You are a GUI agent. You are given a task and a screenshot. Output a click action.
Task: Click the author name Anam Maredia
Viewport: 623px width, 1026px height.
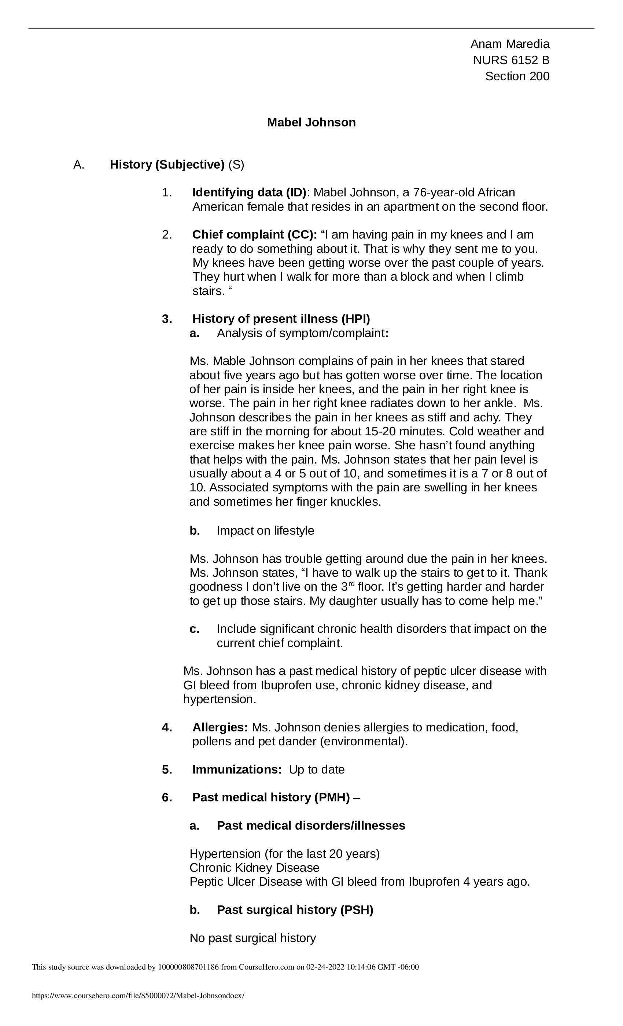pyautogui.click(x=509, y=44)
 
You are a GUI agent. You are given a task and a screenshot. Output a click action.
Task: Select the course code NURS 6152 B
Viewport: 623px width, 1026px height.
pyautogui.click(x=511, y=60)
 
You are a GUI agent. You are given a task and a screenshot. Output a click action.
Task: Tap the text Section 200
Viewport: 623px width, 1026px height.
pyautogui.click(x=517, y=77)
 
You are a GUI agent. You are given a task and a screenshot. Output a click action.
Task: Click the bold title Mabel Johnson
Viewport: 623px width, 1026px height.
pyautogui.click(x=311, y=122)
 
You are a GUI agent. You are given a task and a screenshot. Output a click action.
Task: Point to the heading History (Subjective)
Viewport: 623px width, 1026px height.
pyautogui.click(x=167, y=165)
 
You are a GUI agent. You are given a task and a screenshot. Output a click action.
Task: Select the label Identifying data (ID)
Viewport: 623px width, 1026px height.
pyautogui.click(x=249, y=193)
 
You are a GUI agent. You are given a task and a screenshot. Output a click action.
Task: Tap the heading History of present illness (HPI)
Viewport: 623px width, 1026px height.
pyautogui.click(x=281, y=319)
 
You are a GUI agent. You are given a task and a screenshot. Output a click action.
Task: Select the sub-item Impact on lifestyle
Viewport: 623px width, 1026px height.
pyautogui.click(x=265, y=531)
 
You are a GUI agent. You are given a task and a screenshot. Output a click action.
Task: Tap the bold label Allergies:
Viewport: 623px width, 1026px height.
pyautogui.click(x=220, y=727)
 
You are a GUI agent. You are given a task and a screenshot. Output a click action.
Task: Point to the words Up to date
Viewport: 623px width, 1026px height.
pyautogui.click(x=317, y=769)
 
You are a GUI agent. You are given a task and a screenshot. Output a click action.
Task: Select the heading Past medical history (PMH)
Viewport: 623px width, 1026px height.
pyautogui.click(x=271, y=797)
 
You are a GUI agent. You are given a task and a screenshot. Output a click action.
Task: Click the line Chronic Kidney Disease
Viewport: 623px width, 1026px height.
pyautogui.click(x=254, y=868)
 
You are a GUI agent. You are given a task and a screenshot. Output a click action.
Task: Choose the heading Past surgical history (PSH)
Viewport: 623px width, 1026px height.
pyautogui.click(x=295, y=910)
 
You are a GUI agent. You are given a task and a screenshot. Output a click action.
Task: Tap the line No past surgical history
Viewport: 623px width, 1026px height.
pyautogui.click(x=252, y=938)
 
